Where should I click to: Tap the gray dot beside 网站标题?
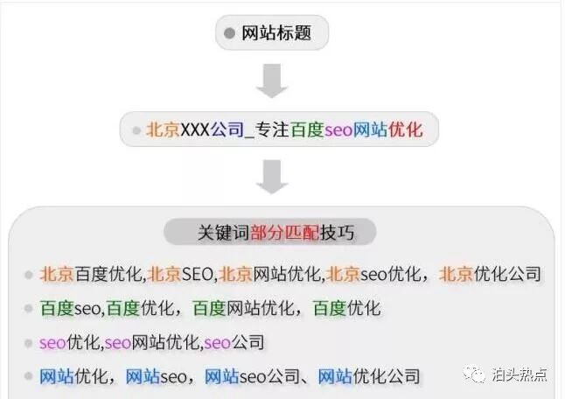[229, 34]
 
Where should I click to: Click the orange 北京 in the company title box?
[163, 130]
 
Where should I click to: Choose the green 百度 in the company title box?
[307, 130]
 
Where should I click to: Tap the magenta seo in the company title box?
[338, 130]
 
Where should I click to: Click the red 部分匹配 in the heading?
[284, 233]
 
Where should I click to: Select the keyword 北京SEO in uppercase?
[181, 275]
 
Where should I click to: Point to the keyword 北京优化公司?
[491, 275]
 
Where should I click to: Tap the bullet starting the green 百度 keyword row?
[29, 309]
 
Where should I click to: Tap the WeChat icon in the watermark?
[477, 374]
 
